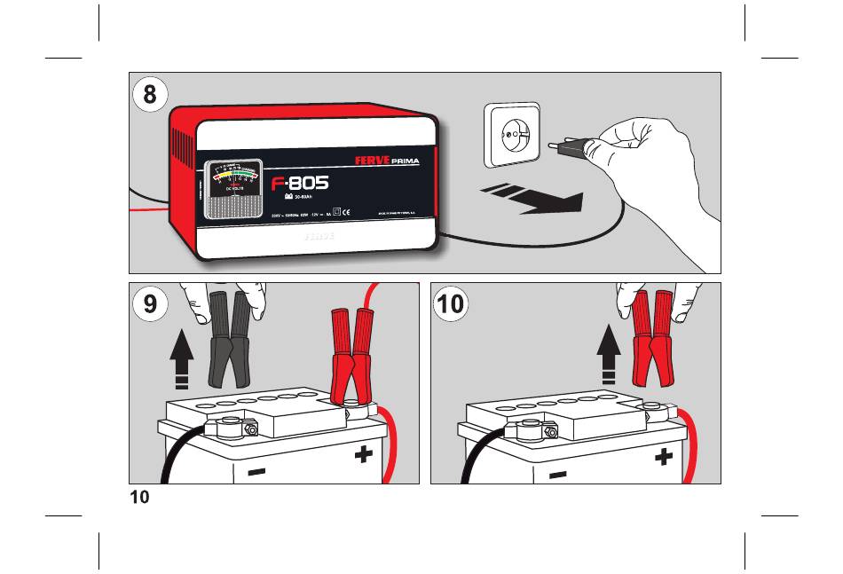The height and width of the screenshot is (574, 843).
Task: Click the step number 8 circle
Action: click(x=151, y=94)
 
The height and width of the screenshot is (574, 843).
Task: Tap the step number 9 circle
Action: click(x=151, y=304)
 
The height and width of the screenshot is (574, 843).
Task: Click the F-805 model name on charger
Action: click(x=299, y=184)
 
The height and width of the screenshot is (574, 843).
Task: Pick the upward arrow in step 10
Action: click(x=609, y=352)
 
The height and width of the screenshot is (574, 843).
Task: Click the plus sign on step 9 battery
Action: click(x=362, y=456)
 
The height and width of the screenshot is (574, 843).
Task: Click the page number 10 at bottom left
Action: click(x=139, y=497)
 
